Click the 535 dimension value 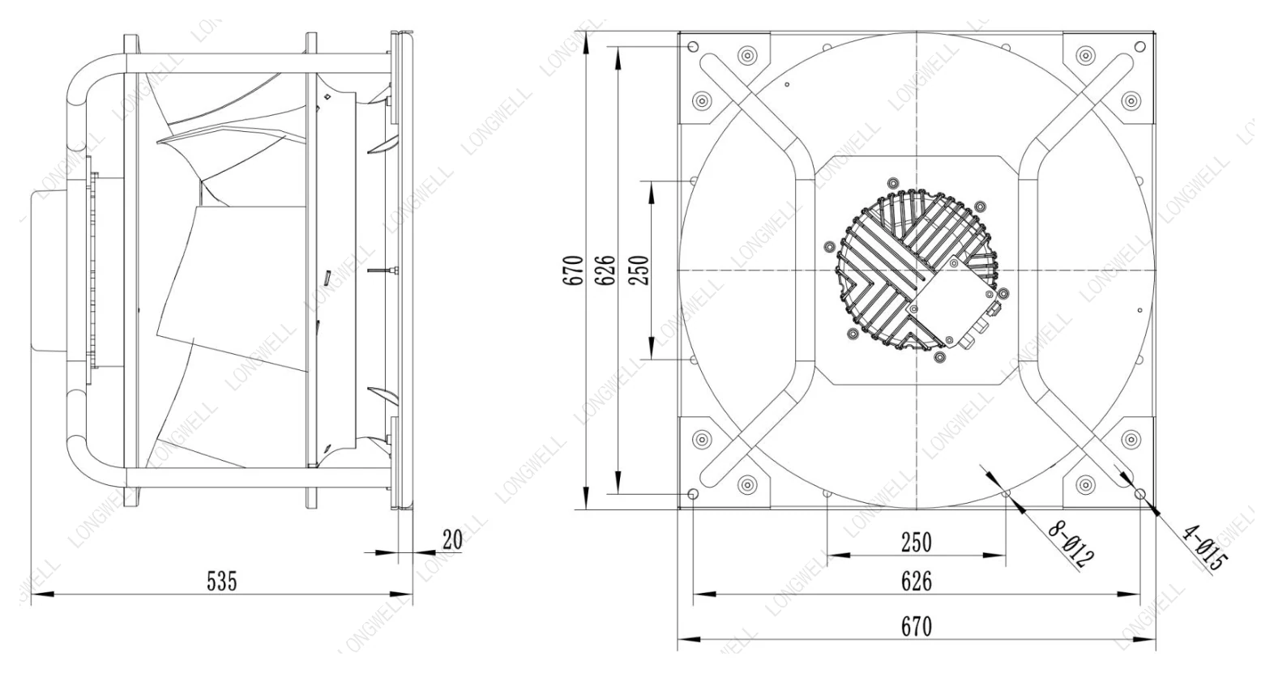(222, 581)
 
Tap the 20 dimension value (452, 539)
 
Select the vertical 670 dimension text (575, 270)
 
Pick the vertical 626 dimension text (607, 270)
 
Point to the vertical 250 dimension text (640, 270)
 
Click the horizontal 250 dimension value (917, 543)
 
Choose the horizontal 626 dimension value (917, 581)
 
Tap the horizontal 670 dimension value (917, 626)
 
